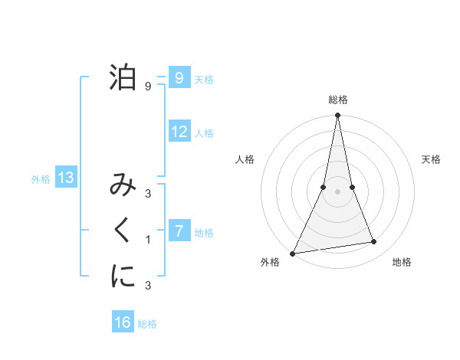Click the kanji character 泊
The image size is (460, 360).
[x=123, y=77]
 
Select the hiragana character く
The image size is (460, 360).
[x=123, y=231]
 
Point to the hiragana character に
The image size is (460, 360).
[x=123, y=276]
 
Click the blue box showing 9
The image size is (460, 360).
[x=179, y=78]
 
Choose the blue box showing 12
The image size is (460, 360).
[x=179, y=132]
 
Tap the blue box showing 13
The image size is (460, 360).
[x=66, y=178]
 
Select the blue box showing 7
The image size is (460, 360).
[x=179, y=231]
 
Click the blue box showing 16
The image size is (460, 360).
[x=123, y=322]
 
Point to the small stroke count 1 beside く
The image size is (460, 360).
[x=148, y=240]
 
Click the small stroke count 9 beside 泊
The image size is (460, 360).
[x=148, y=87]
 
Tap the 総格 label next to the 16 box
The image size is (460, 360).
[x=147, y=324]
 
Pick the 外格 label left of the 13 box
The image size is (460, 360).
[x=41, y=179]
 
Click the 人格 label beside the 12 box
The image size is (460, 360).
[x=204, y=133]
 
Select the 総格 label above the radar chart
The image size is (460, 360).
[x=337, y=100]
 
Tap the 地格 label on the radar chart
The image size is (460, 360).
[x=402, y=262]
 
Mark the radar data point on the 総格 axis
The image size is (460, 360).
[x=337, y=116]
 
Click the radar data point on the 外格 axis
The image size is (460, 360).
[x=293, y=253]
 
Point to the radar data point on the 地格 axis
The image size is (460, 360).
[x=374, y=242]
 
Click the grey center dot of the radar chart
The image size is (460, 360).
[x=337, y=191]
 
